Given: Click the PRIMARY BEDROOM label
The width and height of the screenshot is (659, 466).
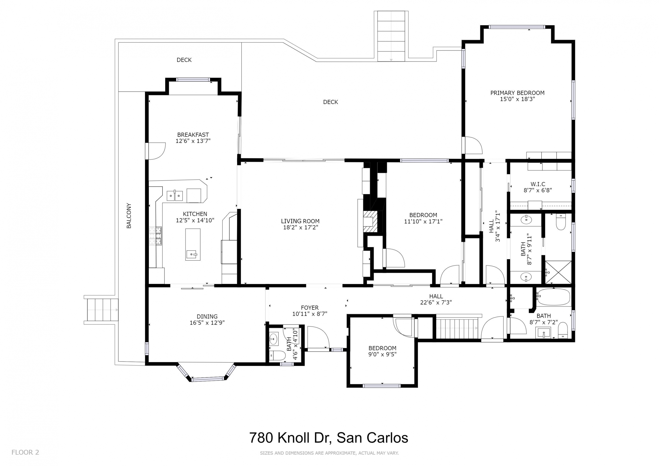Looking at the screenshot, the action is (517, 93).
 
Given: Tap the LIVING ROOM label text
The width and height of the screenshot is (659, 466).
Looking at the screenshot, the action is (300, 221).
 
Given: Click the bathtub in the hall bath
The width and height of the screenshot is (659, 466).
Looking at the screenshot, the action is (553, 297).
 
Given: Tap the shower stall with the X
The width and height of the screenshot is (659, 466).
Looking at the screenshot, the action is (558, 272).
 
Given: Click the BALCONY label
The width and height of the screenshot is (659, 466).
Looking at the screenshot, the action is (129, 216).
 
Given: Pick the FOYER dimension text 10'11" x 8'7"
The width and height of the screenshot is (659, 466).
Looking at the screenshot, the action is (310, 314).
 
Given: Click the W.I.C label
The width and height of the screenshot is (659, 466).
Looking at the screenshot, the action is (537, 184).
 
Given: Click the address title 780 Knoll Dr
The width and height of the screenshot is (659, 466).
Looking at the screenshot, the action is (328, 438).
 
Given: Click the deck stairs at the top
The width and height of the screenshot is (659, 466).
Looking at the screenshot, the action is (391, 36).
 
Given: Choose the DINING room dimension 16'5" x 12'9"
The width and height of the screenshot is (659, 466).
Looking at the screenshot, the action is (207, 322).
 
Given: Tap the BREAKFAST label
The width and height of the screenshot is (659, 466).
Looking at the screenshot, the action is (193, 135).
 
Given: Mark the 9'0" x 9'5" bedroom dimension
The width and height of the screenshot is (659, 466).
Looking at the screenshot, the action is (382, 354).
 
